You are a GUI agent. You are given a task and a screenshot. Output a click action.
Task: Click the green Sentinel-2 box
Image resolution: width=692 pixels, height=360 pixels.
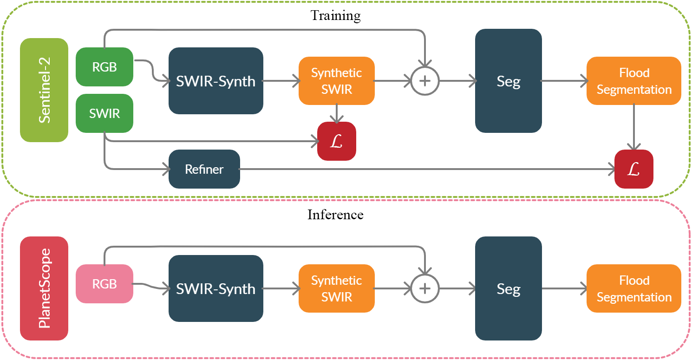pos(44,90)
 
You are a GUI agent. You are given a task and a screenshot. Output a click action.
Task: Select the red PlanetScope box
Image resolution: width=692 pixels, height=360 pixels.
pos(44,288)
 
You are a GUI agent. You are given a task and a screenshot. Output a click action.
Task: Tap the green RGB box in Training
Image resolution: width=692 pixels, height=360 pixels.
pos(104,67)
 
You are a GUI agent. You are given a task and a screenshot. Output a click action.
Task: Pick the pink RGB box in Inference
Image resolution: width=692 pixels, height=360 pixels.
pos(104,284)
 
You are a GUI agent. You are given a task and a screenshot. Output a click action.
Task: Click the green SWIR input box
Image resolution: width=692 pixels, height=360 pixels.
pos(104,113)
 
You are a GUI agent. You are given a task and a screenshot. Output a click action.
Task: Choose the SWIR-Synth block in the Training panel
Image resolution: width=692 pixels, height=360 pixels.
pos(216,81)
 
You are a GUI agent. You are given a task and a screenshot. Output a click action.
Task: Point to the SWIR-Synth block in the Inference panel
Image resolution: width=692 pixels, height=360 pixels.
pos(216,288)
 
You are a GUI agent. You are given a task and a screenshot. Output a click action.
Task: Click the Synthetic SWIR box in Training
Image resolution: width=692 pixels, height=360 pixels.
pos(337,81)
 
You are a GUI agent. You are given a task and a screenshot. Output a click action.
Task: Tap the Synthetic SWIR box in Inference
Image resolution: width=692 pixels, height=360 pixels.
pos(337,288)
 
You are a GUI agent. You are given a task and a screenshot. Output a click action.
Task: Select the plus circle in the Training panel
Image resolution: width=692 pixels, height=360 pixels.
pos(424,81)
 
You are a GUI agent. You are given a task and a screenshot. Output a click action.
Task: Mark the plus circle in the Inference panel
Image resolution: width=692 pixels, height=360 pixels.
pos(424,288)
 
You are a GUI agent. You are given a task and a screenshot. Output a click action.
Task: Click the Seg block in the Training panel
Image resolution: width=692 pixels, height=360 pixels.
pos(509,81)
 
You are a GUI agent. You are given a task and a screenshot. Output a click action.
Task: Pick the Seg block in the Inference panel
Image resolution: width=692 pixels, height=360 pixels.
pos(509,288)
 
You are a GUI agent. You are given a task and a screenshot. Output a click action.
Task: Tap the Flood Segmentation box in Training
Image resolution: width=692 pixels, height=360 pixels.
pos(634,81)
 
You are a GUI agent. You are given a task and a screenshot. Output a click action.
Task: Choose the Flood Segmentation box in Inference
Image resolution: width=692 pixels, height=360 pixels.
pos(634,288)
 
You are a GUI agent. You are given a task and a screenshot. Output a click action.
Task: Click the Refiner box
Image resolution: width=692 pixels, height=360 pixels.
pos(204,169)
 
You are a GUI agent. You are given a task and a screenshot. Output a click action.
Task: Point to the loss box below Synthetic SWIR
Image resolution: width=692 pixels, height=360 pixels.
pos(337,141)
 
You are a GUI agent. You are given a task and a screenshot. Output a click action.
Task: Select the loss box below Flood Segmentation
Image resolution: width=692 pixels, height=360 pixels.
pos(634,169)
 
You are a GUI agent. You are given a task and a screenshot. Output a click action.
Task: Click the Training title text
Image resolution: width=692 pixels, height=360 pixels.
pos(335,15)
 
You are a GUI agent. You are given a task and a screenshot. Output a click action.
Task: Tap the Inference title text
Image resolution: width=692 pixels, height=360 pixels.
pos(335,215)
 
